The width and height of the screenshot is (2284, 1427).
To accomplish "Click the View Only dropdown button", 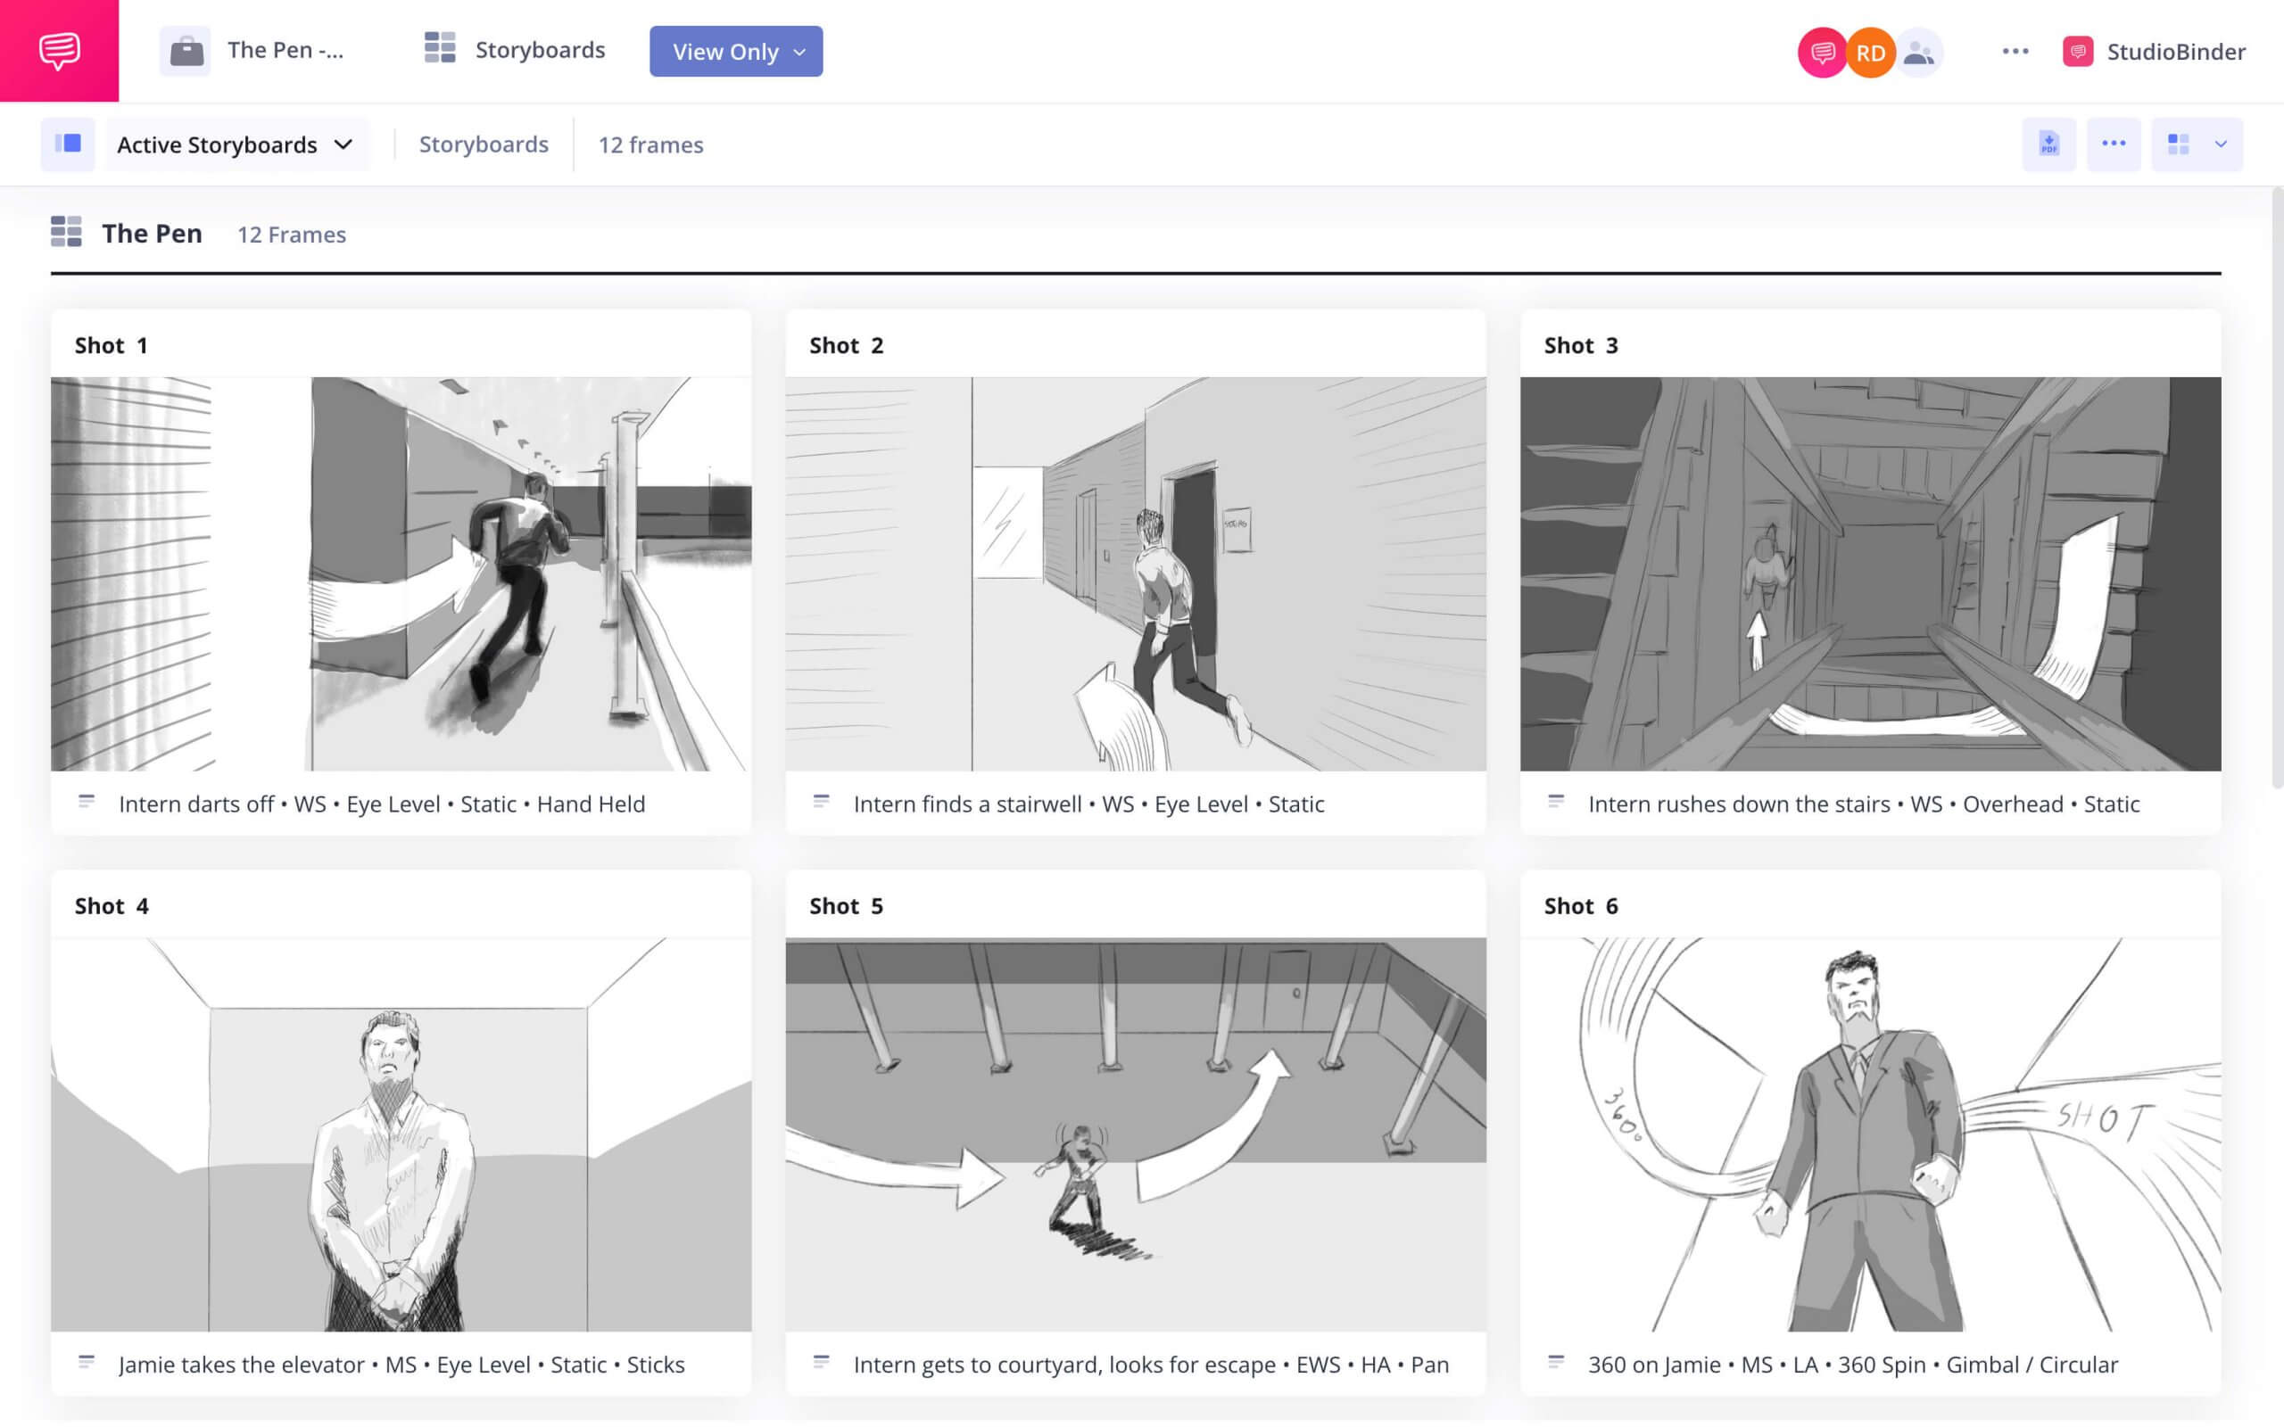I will (x=735, y=51).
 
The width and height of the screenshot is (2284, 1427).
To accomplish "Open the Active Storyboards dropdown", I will (x=235, y=144).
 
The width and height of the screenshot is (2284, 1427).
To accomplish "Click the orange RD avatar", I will (x=1870, y=52).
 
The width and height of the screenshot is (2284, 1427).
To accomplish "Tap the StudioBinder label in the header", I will (x=2174, y=52).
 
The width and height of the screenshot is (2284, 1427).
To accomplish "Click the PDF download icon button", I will (x=2048, y=144).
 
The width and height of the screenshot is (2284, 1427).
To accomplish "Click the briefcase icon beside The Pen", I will (x=186, y=51).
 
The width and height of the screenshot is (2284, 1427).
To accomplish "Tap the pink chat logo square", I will (x=60, y=50).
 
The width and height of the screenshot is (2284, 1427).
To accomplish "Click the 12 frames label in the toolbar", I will (x=650, y=144).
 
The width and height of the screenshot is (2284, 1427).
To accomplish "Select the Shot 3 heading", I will (x=1580, y=345).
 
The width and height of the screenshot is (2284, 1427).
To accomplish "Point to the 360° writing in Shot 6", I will (x=1624, y=1114).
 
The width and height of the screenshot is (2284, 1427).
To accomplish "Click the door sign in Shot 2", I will (x=1236, y=526).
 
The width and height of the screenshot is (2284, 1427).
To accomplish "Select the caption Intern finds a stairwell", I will (x=966, y=804).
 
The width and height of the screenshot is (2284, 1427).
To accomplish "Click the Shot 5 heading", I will (x=846, y=906).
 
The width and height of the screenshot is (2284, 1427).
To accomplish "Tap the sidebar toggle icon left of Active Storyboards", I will (x=67, y=144).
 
